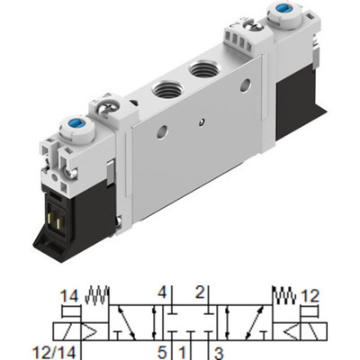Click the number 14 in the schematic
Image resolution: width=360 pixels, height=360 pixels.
click(x=69, y=295)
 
